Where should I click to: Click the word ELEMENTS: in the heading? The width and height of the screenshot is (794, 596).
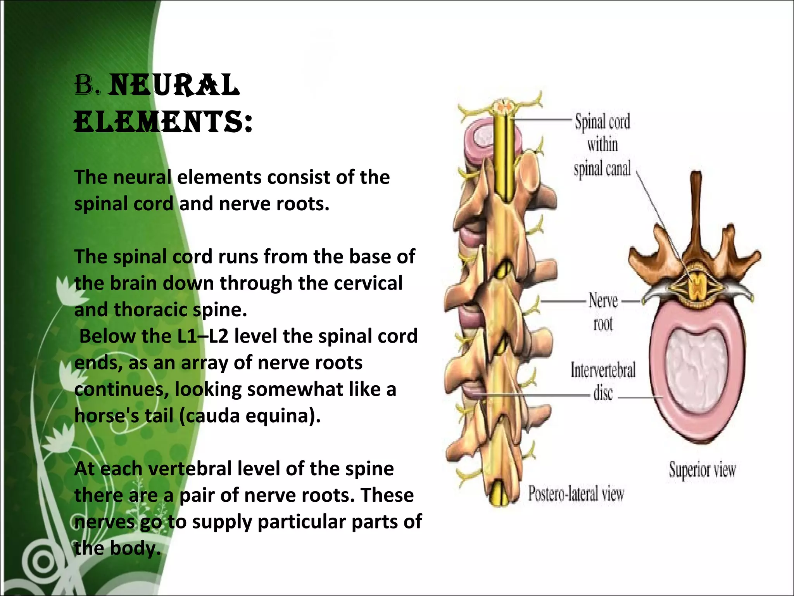tap(163, 121)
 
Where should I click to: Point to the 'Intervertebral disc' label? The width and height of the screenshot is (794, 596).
tap(603, 381)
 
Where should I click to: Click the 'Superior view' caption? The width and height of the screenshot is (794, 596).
tap(702, 470)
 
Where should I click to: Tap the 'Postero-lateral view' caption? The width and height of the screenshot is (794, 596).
tap(576, 494)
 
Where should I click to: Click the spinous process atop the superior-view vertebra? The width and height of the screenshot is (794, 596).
tap(697, 202)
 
